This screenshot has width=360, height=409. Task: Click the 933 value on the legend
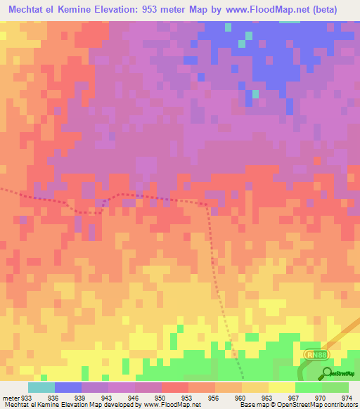coord(27,398)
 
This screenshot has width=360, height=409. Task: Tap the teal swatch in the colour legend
coord(41,387)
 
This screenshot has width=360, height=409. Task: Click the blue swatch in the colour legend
coord(67,387)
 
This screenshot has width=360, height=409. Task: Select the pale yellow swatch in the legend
coord(281,387)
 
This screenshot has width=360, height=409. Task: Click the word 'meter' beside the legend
coord(10,398)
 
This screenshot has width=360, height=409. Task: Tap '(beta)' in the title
coord(325,10)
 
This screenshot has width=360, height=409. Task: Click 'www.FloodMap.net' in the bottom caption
coord(166,405)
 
